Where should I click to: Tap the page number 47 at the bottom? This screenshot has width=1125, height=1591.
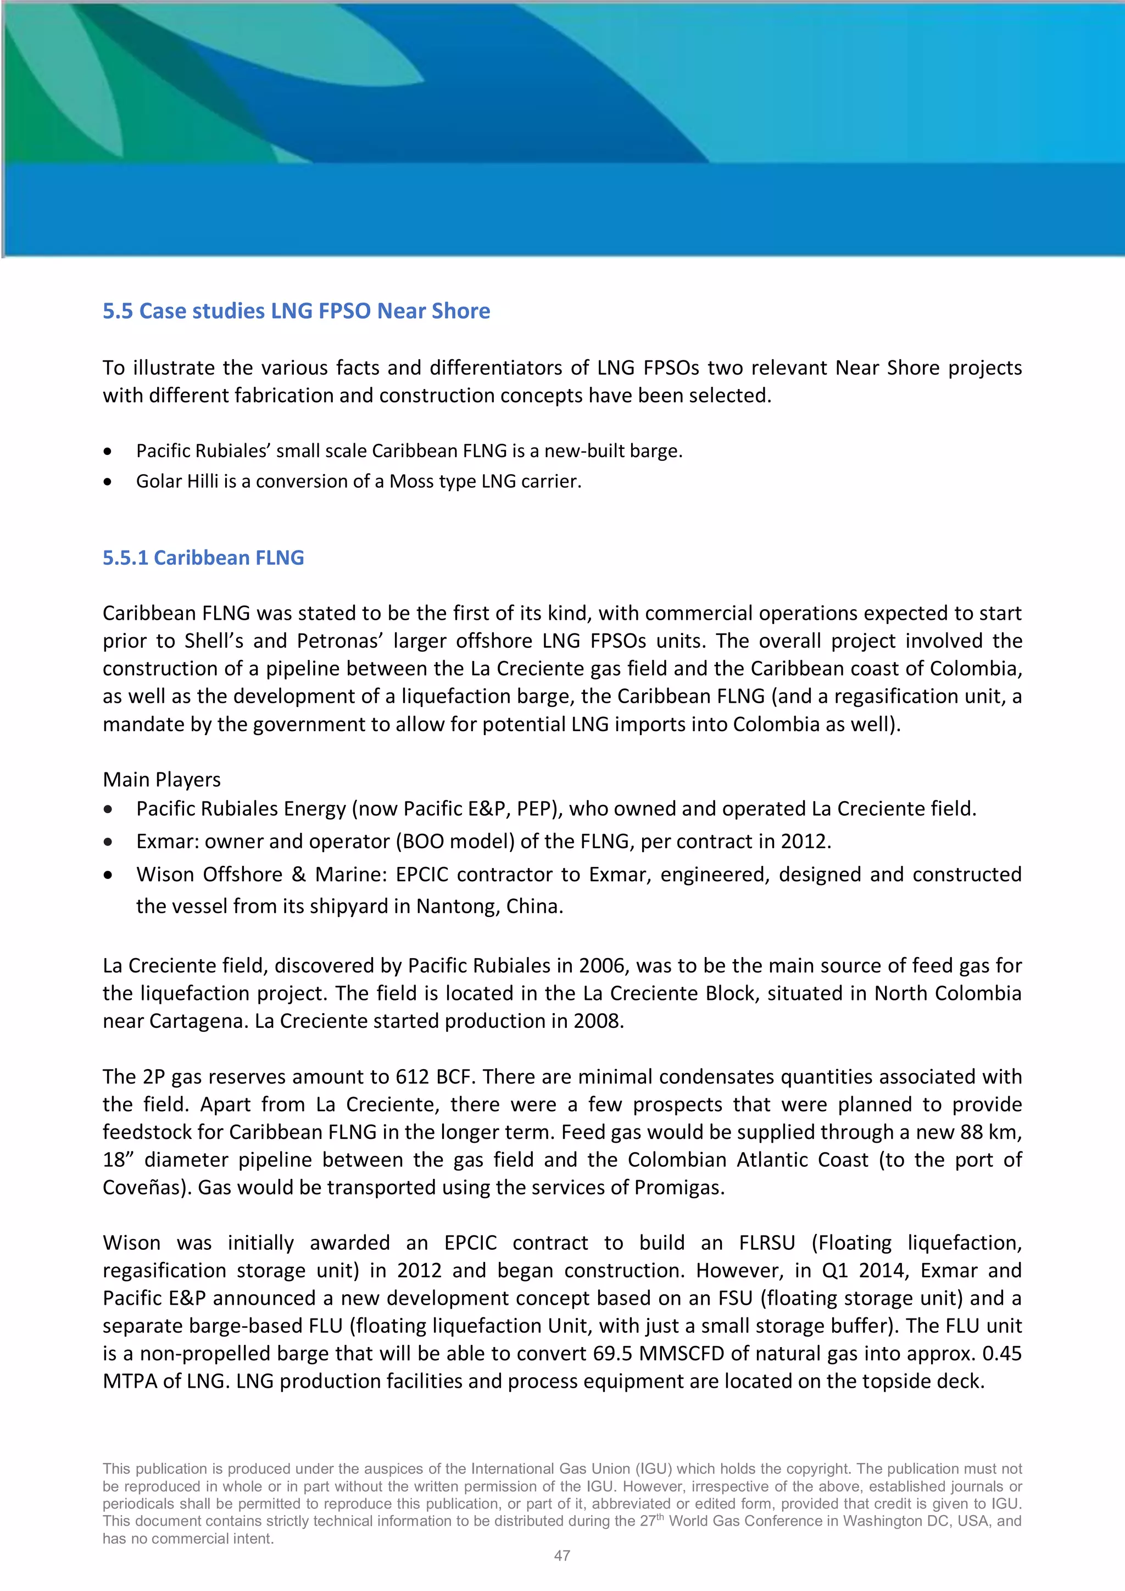point(562,1556)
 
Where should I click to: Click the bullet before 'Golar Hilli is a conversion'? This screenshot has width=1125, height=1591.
point(107,482)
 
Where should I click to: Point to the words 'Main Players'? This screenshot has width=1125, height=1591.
point(161,780)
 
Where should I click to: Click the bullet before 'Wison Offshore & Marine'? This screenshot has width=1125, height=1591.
point(107,875)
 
